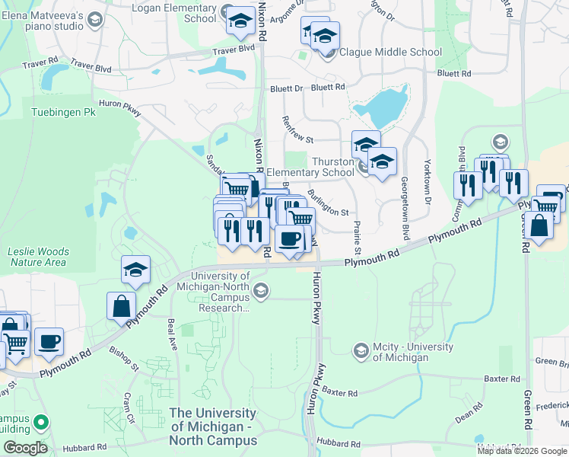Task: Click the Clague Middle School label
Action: click(390, 53)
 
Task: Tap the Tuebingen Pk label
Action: click(63, 112)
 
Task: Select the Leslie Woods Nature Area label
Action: click(38, 257)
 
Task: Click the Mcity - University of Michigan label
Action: click(413, 353)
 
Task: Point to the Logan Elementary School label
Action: click(174, 13)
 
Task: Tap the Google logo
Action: click(25, 448)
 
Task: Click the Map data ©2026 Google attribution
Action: click(522, 451)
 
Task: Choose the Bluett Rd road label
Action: click(453, 74)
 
